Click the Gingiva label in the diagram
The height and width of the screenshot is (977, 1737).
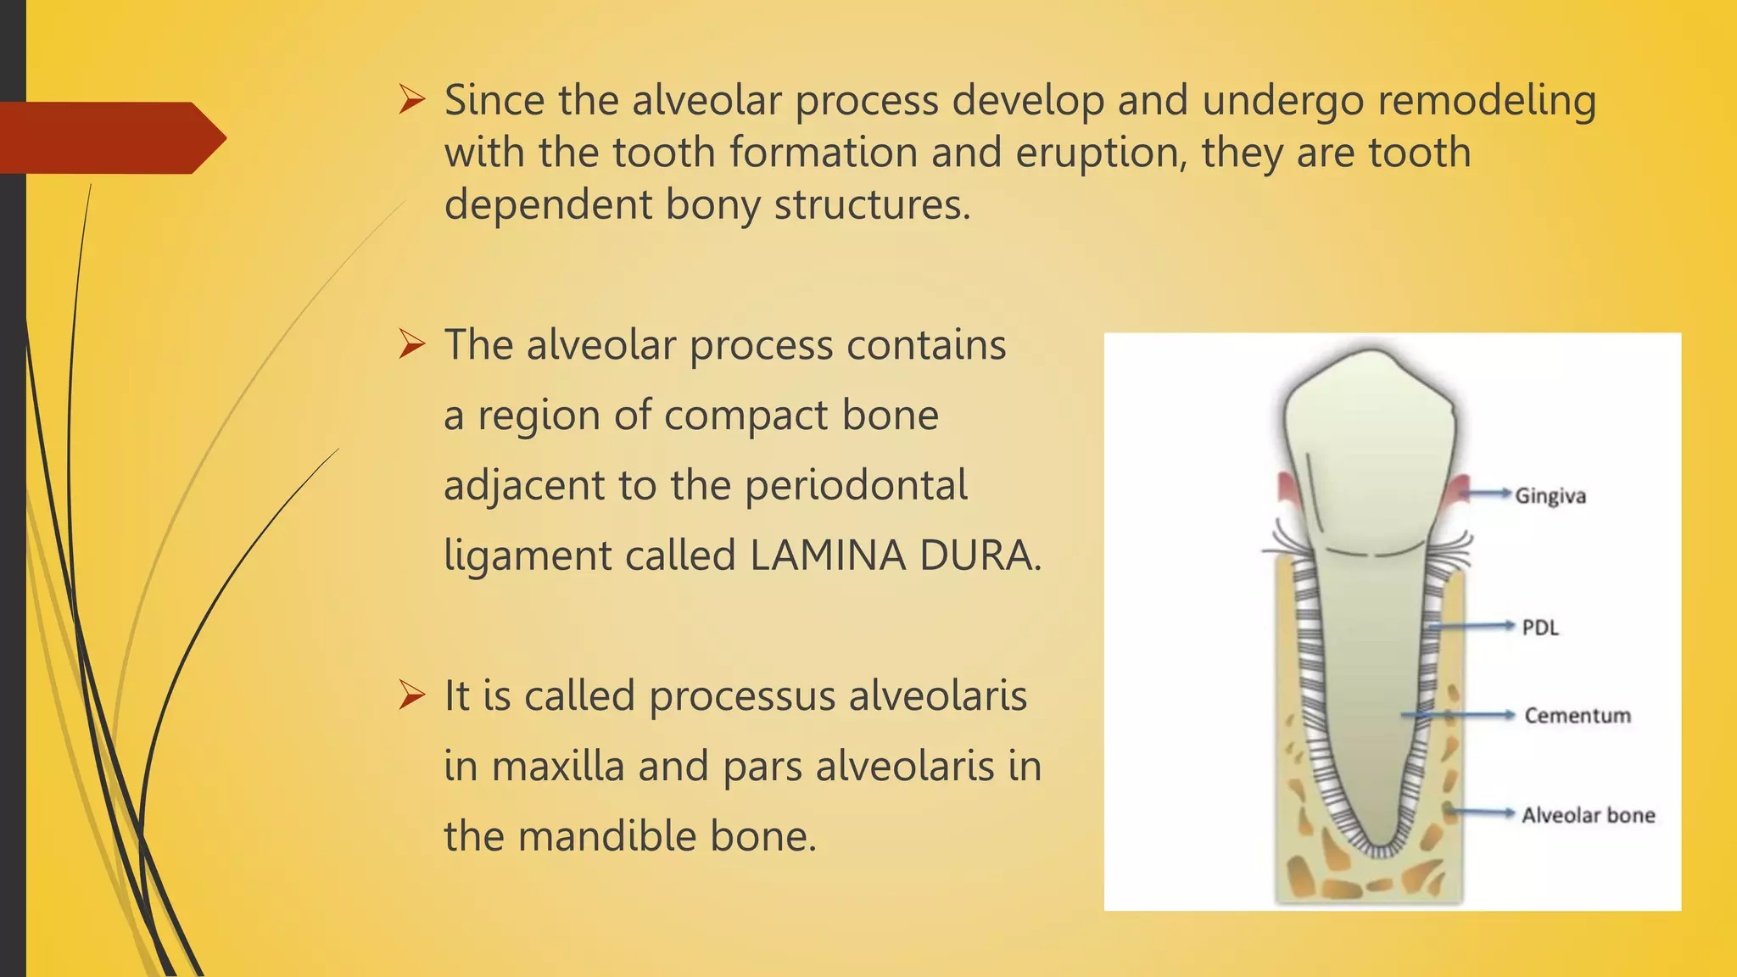(x=1550, y=496)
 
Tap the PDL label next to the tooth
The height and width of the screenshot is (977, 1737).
(x=1540, y=628)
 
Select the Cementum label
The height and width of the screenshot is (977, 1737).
(x=1578, y=716)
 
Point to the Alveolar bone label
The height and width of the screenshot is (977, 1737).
(x=1588, y=816)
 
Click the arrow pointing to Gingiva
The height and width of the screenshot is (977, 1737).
(x=1488, y=493)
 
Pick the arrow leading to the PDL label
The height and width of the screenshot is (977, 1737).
(x=1472, y=626)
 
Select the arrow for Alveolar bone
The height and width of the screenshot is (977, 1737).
(x=1480, y=812)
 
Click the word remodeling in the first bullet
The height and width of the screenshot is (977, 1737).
(x=1486, y=100)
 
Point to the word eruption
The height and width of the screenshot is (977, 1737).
(x=1101, y=154)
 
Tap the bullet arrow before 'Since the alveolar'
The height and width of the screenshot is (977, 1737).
(x=412, y=101)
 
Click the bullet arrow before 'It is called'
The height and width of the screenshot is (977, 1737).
(x=412, y=696)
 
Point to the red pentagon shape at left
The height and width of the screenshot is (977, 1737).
(x=110, y=137)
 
